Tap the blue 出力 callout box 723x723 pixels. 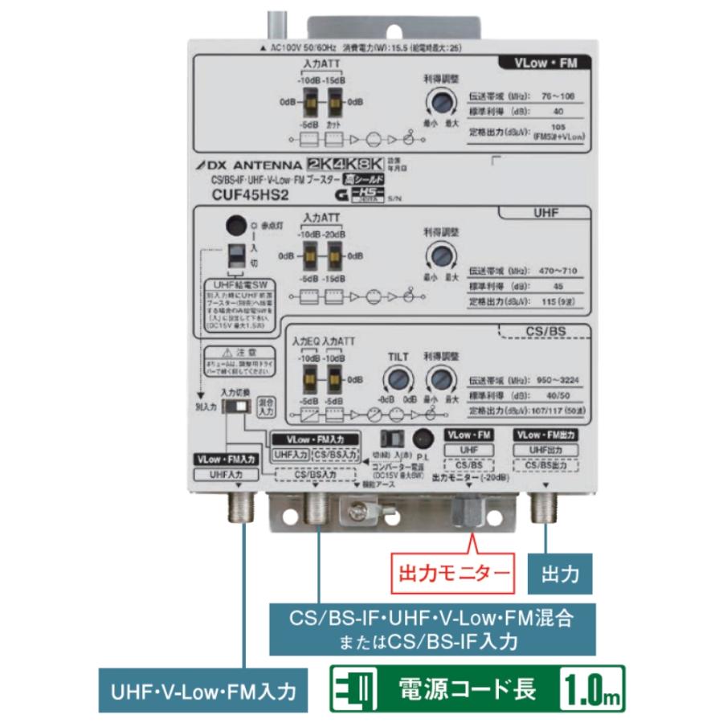[x=559, y=574]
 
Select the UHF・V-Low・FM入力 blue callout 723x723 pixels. [x=208, y=689]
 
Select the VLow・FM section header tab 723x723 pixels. [x=543, y=61]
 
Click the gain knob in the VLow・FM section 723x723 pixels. [x=439, y=103]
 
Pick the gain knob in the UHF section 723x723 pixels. [x=439, y=256]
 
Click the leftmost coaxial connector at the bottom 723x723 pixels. [x=240, y=506]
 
